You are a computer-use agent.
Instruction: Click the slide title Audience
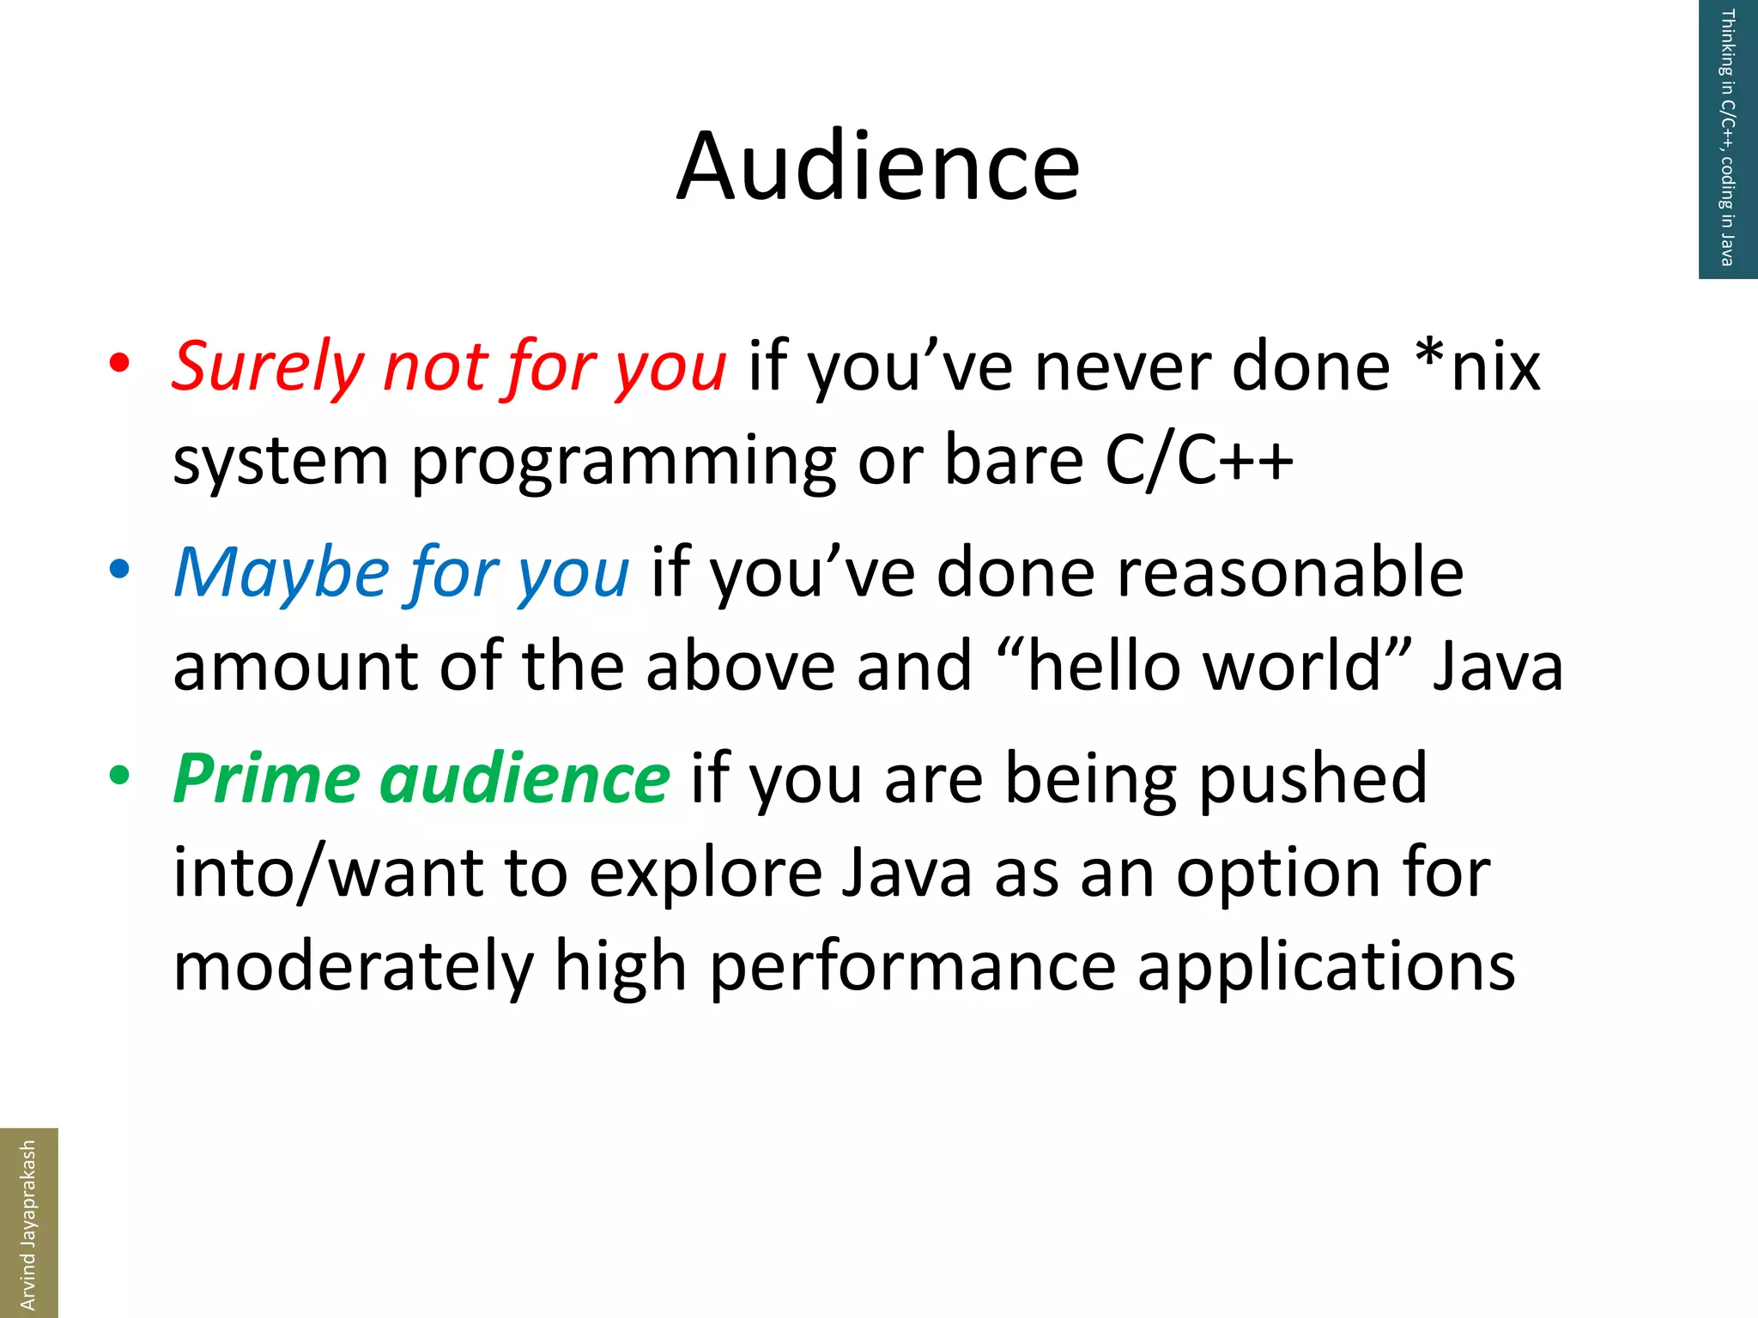click(x=877, y=166)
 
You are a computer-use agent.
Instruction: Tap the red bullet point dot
click(x=119, y=363)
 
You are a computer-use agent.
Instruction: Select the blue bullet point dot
click(x=119, y=569)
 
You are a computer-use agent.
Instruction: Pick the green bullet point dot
click(x=119, y=775)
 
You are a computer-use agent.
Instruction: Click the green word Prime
click(x=266, y=779)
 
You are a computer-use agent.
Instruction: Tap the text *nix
click(x=1478, y=367)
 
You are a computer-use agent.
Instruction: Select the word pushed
click(x=1312, y=779)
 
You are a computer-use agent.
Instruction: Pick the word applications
click(x=1326, y=968)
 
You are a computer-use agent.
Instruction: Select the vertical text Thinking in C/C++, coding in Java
click(x=1727, y=137)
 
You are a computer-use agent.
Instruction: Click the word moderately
click(x=353, y=968)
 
